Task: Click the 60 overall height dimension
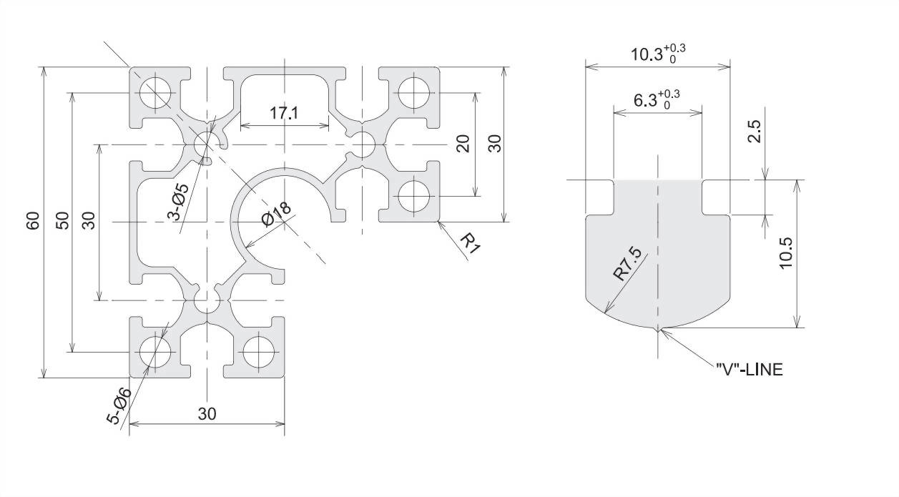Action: coord(34,221)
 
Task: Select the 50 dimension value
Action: coord(63,221)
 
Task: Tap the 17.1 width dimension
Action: coord(284,113)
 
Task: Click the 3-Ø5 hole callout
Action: coord(178,202)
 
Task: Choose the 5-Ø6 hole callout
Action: coord(119,406)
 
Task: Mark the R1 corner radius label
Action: coord(469,243)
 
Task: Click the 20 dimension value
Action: coord(463,144)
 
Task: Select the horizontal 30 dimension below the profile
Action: coord(207,414)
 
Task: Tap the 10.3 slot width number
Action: coord(647,54)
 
